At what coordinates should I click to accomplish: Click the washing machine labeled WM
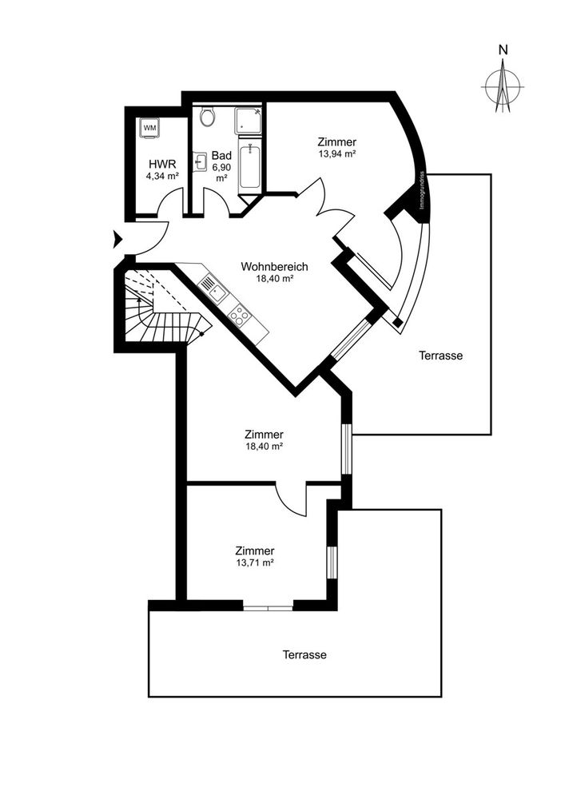[x=149, y=129]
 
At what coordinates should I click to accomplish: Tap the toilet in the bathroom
[x=207, y=117]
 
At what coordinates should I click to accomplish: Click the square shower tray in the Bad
[x=248, y=121]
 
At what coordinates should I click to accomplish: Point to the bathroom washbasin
[x=199, y=162]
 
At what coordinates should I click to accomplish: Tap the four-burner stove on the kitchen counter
[x=239, y=315]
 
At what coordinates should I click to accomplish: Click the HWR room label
[x=162, y=164]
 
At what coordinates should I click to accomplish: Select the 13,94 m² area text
[x=336, y=153]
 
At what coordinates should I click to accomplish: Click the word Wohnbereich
[x=275, y=267]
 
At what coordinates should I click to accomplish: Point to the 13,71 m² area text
[x=255, y=562]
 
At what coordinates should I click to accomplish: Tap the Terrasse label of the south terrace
[x=304, y=655]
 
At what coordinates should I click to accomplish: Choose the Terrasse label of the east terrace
[x=440, y=356]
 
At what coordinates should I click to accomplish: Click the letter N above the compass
[x=503, y=50]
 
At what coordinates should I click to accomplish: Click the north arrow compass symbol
[x=503, y=86]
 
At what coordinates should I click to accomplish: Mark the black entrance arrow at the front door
[x=118, y=239]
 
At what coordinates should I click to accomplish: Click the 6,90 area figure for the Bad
[x=221, y=167]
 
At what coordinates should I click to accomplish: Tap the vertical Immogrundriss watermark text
[x=422, y=189]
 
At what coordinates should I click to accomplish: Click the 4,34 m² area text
[x=162, y=177]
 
